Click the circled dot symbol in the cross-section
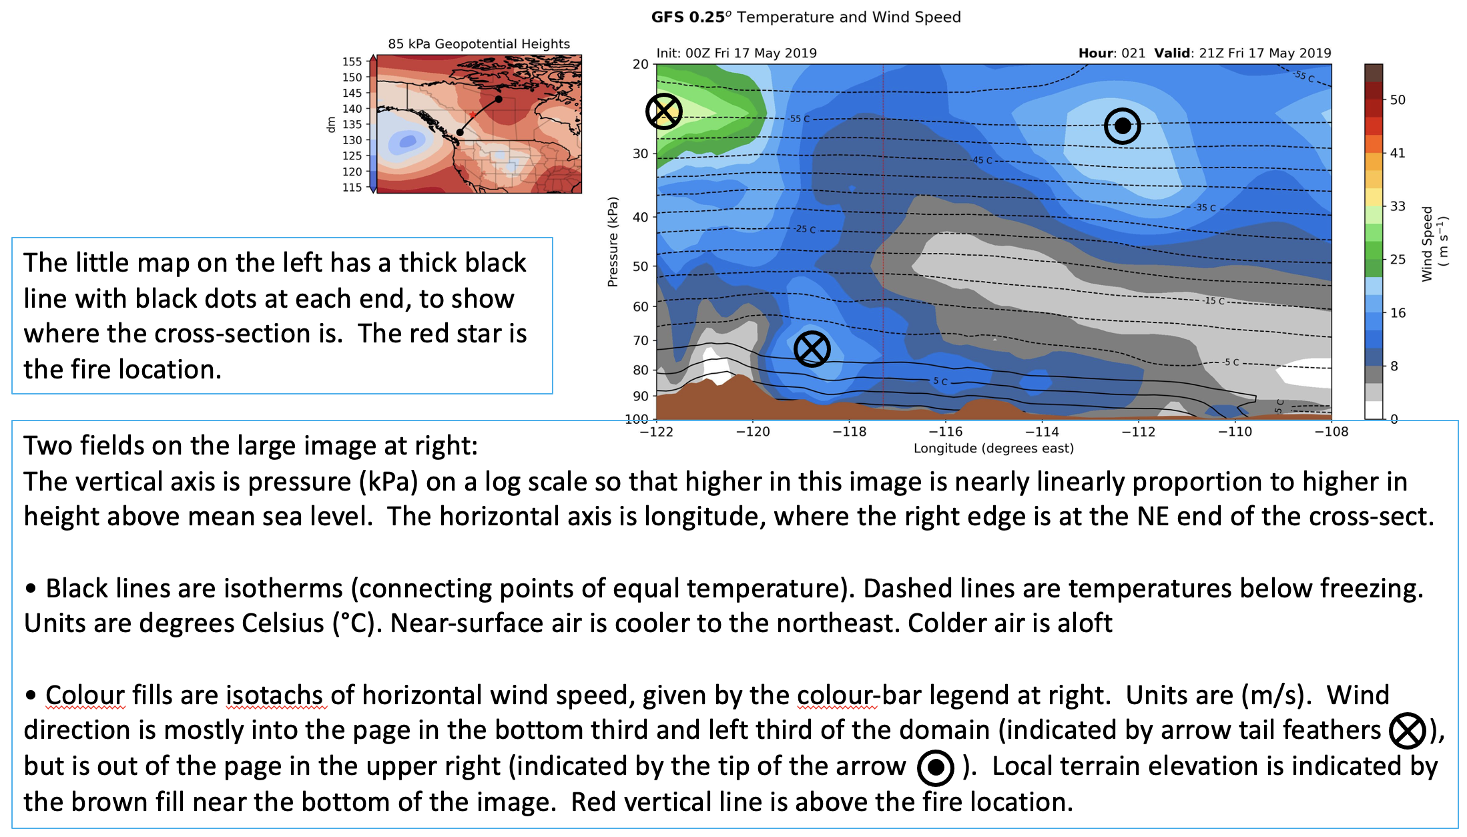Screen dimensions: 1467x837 pos(1123,125)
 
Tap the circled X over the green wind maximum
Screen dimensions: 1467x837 pos(664,111)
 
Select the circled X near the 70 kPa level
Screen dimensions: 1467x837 pos(812,349)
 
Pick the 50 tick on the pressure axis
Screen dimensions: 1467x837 pos(641,266)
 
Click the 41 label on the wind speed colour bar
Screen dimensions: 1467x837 pos(1398,153)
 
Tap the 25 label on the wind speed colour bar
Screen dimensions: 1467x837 pos(1398,259)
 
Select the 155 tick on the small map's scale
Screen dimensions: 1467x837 pos(352,61)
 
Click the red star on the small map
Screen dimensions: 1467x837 pos(473,115)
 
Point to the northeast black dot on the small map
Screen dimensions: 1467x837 pos(499,99)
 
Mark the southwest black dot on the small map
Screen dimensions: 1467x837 pos(460,132)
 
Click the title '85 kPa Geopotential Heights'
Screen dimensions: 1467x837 pos(479,44)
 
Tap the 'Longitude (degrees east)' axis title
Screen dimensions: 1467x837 pos(994,449)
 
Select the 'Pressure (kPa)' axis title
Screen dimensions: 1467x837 pos(613,242)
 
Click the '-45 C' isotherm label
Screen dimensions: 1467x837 pos(981,160)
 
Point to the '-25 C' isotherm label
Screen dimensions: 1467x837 pos(804,229)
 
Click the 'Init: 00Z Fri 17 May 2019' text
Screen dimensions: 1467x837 pos(736,53)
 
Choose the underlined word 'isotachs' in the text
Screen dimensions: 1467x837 pos(276,695)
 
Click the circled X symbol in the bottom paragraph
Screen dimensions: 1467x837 pos(1407,731)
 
